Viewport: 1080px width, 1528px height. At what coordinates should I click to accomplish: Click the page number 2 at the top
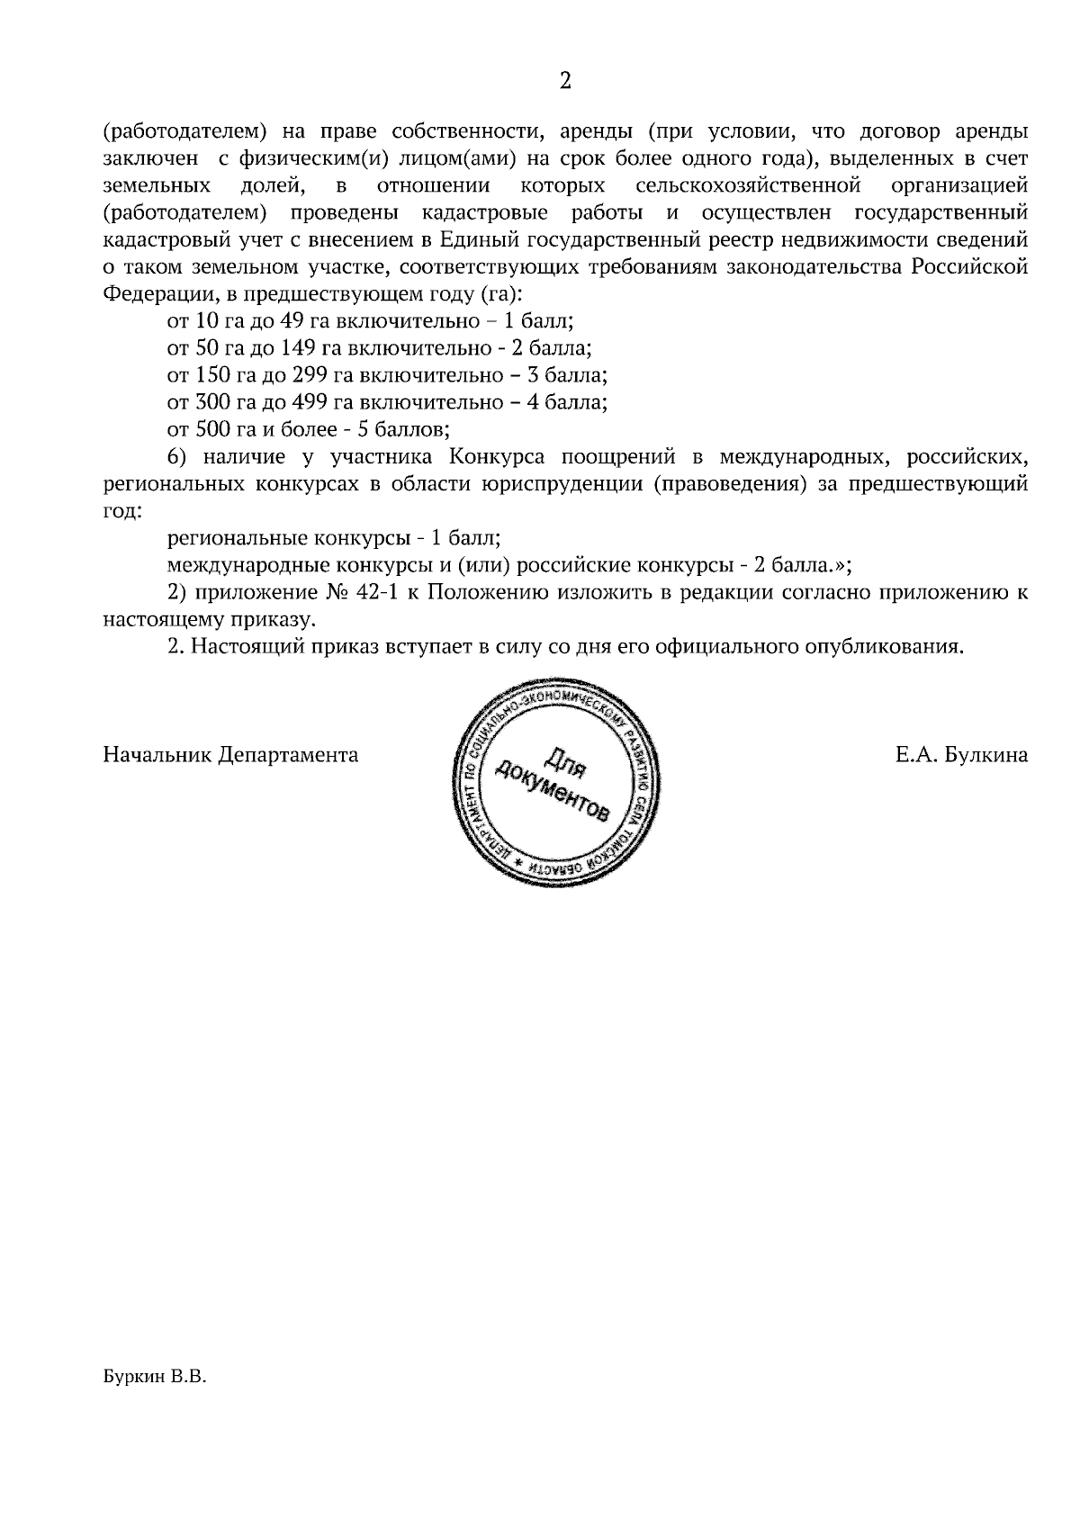point(565,82)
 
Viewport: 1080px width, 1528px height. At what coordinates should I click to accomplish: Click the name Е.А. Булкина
point(961,755)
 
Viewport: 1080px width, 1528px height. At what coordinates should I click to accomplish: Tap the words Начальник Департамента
point(230,755)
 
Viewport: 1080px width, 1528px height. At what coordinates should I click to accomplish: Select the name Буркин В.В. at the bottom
point(155,1377)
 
